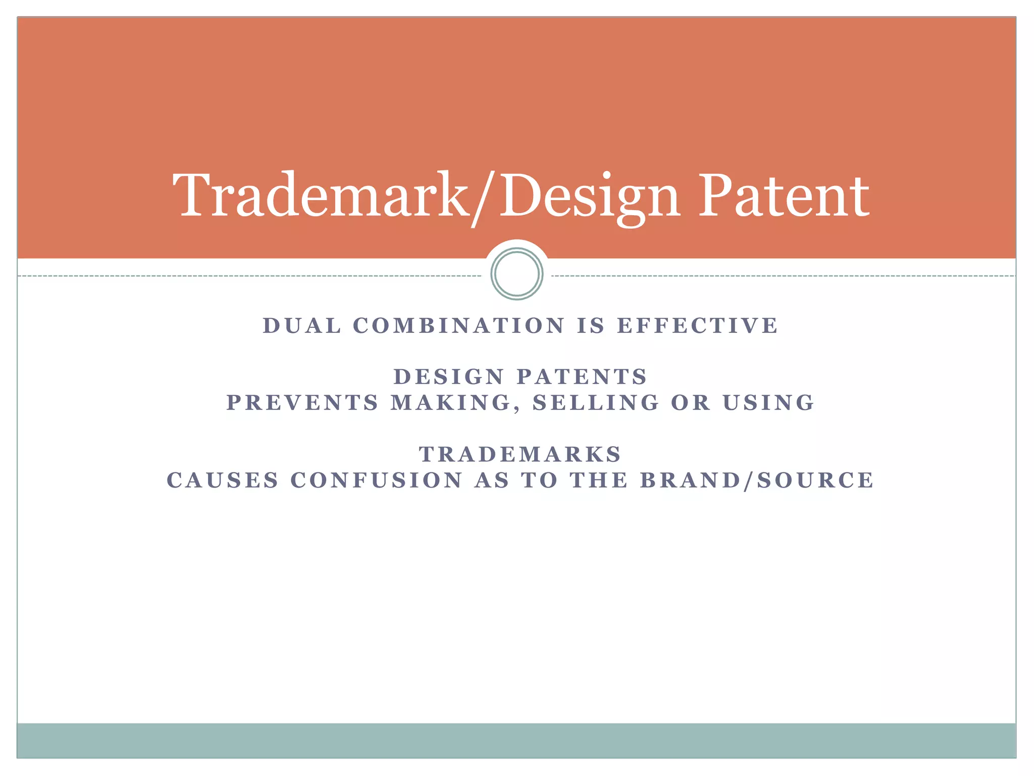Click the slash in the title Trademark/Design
[484, 198]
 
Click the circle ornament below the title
[516, 274]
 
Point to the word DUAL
[302, 326]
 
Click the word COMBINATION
[459, 326]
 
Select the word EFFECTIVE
[698, 326]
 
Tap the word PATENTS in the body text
[582, 377]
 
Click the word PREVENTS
[302, 403]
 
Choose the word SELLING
[596, 403]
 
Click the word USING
[768, 403]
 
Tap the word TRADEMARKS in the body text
[520, 455]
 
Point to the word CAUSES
[223, 480]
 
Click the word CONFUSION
[377, 480]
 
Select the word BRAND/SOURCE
[757, 480]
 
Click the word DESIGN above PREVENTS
[449, 377]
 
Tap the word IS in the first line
[591, 326]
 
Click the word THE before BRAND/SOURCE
[599, 480]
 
